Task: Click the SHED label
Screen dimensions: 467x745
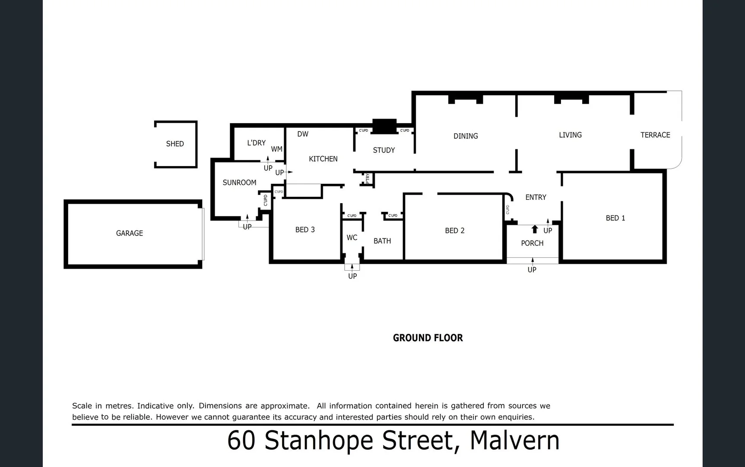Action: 175,144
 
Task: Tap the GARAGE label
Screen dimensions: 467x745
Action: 129,233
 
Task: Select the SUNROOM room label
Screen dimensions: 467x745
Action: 239,182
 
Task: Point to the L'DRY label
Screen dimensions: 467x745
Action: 256,143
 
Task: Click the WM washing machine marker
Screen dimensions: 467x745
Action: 276,149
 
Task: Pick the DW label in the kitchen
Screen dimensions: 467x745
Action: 303,134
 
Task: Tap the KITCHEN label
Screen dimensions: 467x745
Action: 323,159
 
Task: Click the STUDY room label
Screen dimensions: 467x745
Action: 384,150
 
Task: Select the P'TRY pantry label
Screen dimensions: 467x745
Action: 368,178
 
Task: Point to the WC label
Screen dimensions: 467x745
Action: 352,237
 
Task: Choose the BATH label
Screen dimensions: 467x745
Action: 382,241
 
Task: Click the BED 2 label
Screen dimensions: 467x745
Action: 454,230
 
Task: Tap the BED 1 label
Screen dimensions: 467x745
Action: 615,218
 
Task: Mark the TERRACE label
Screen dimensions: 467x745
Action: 655,135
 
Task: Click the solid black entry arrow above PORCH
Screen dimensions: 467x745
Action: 535,229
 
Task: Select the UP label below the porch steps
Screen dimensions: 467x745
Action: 532,270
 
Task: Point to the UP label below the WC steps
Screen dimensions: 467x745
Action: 352,276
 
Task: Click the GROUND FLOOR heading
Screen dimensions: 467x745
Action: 428,338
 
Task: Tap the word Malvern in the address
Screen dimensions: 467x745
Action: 514,441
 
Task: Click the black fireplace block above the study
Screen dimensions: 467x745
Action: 384,126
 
